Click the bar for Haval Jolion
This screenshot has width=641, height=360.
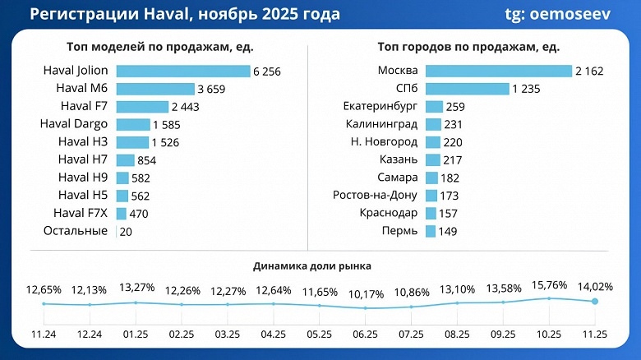tap(182, 72)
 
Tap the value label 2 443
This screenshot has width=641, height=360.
tap(187, 107)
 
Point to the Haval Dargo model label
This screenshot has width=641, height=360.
tap(73, 124)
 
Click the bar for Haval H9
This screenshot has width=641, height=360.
tap(122, 178)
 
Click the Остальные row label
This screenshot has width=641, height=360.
tap(75, 231)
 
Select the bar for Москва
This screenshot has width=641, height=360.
tap(498, 72)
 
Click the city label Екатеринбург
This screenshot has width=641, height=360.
tap(380, 107)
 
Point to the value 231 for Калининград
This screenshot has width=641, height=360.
tap(453, 124)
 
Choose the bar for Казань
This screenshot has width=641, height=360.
tap(432, 159)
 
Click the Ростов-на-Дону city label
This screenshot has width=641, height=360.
tap(374, 196)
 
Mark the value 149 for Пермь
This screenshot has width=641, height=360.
tap(448, 232)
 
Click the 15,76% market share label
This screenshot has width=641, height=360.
tap(548, 286)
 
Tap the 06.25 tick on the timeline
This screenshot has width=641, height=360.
tap(366, 335)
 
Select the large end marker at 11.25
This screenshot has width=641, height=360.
tap(595, 302)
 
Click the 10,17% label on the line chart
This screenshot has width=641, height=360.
tap(366, 293)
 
